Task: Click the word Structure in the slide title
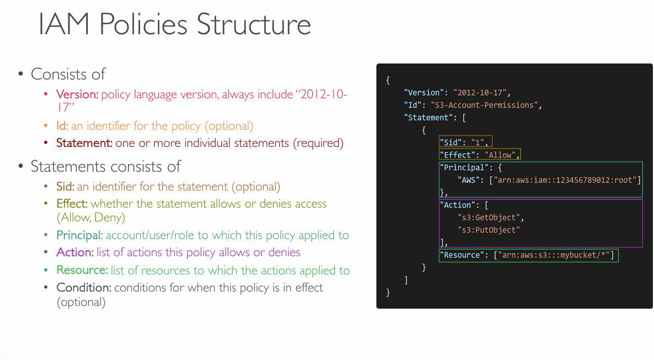click(253, 24)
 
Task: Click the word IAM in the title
click(64, 24)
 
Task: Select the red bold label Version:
click(77, 94)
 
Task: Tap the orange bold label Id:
click(62, 125)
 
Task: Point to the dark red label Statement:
click(84, 143)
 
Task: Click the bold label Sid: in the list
click(65, 187)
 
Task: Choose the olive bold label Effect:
click(72, 204)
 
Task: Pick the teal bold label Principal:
click(79, 235)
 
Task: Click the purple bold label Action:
click(75, 252)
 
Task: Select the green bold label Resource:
click(82, 271)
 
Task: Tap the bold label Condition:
click(84, 288)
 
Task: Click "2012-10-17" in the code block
click(480, 93)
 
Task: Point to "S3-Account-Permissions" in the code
click(484, 105)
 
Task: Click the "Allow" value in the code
click(500, 155)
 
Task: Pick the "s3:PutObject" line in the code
click(489, 230)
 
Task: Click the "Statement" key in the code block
click(428, 118)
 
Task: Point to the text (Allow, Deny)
click(91, 218)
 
